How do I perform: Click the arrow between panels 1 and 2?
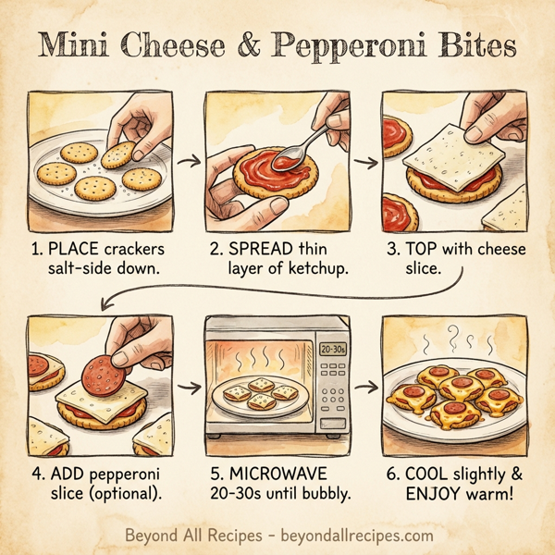coord(189,161)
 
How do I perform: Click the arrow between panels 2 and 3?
coord(367,163)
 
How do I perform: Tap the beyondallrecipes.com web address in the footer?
coord(352,536)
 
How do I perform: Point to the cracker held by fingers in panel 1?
coord(117,154)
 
